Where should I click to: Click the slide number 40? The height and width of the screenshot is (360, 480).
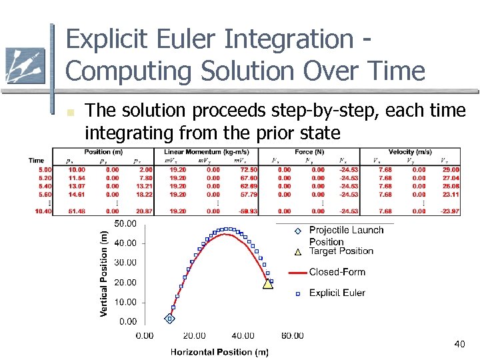coord(459,344)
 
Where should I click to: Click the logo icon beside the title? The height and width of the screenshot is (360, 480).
coord(25,65)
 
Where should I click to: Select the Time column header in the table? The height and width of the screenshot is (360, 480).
coord(37,160)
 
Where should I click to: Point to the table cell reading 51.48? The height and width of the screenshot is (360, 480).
coord(77,211)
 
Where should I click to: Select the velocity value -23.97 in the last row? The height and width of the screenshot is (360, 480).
coord(450,211)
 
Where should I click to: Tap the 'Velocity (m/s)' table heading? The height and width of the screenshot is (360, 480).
coord(411,153)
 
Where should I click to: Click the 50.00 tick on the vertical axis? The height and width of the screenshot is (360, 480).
coord(125,223)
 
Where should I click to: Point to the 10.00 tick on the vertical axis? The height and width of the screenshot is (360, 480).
coord(125,302)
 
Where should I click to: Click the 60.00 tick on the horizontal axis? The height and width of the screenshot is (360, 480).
coord(292,335)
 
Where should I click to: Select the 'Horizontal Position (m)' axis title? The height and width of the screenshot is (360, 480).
coord(219,351)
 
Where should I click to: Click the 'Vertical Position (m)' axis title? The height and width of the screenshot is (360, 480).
coord(104,273)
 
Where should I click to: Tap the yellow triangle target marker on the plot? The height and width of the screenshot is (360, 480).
coord(268,283)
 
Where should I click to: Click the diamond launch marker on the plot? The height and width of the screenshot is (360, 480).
coord(169,319)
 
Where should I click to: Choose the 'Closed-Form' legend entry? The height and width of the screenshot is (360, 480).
coord(337,272)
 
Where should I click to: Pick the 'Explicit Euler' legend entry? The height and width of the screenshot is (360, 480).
coord(337,293)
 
